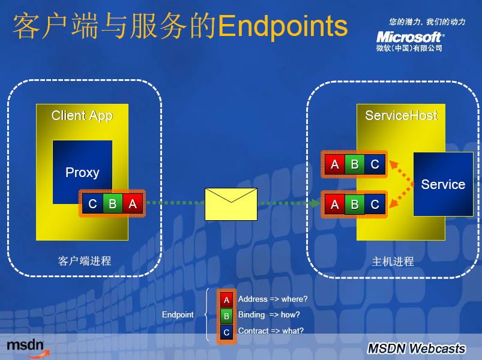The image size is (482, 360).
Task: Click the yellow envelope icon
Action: coord(231,204)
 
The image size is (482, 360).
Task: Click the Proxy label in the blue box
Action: coord(82,173)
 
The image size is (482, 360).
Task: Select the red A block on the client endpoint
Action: coord(133,203)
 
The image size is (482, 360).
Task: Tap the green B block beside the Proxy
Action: coord(112,203)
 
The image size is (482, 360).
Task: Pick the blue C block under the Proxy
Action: coord(92,203)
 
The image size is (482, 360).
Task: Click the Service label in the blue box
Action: coord(443,184)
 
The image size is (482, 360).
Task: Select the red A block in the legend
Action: coord(226,300)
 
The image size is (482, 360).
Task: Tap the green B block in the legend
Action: coord(226,316)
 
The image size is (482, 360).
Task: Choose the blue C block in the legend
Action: coord(226,332)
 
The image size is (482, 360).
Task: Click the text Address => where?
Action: coord(273,299)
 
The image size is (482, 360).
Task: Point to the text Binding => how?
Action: coord(269,315)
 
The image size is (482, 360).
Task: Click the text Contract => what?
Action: coord(271,331)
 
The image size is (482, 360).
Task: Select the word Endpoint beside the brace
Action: coord(178,315)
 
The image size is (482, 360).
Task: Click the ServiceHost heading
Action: coord(401,115)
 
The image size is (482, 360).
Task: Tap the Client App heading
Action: coord(82,116)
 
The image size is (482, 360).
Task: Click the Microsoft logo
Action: coord(410,37)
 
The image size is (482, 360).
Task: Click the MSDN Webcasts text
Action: coord(417,349)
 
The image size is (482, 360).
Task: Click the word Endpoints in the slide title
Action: coord(283,27)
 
